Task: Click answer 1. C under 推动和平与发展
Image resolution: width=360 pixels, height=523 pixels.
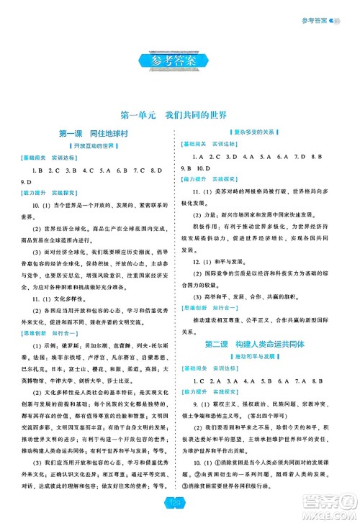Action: (199, 381)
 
